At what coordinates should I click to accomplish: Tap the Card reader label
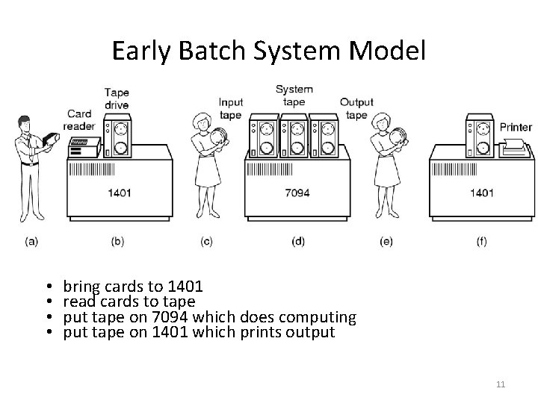[x=78, y=119]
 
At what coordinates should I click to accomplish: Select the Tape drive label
[x=117, y=99]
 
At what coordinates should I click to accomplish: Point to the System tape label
[x=294, y=95]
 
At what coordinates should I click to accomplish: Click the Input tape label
[x=230, y=108]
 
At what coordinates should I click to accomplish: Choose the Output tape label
[x=356, y=108]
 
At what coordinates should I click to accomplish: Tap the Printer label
[x=516, y=127]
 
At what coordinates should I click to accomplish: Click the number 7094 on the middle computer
[x=297, y=193]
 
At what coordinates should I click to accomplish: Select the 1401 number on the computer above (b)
[x=120, y=193]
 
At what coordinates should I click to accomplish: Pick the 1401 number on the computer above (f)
[x=481, y=193]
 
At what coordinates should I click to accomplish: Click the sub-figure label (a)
[x=31, y=241]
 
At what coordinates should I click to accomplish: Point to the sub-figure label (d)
[x=297, y=241]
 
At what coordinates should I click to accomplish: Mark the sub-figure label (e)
[x=386, y=241]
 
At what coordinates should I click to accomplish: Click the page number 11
[x=501, y=384]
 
